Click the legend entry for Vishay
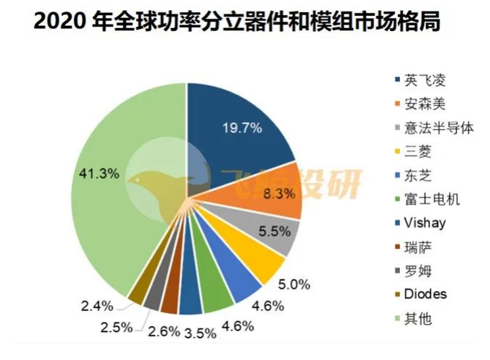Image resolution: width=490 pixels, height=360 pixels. pyautogui.click(x=424, y=223)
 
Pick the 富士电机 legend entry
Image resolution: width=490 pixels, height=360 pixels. pyautogui.click(x=430, y=199)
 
